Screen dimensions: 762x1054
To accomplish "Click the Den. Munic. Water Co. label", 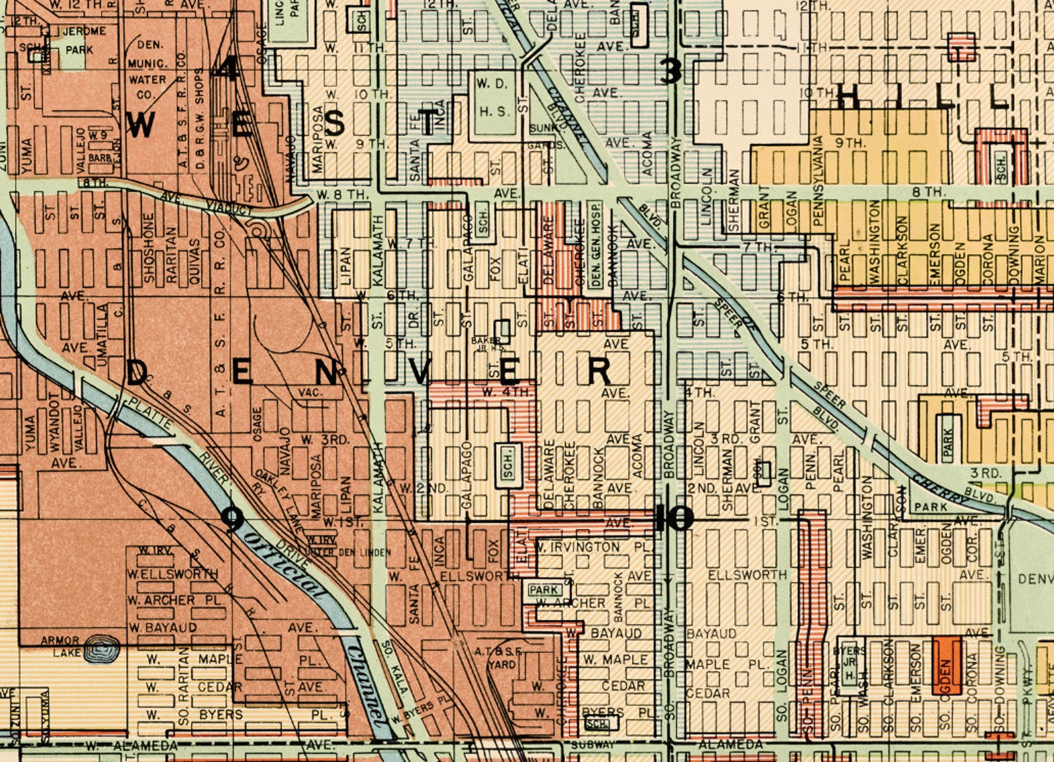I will [x=151, y=70].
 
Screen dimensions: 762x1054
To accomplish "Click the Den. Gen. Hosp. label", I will [x=595, y=245].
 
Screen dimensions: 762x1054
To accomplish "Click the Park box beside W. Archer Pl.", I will [x=544, y=589].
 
